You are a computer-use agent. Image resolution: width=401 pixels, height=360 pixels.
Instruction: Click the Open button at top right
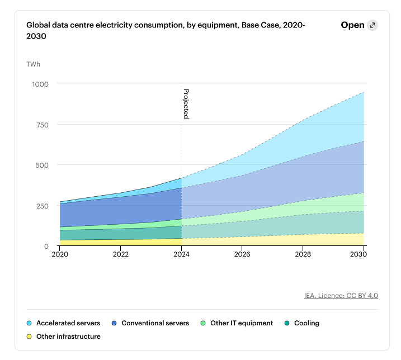pos(353,25)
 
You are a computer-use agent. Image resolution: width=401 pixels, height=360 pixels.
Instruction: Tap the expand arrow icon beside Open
pos(372,25)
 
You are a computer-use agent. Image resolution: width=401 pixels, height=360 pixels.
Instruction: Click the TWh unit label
pos(33,64)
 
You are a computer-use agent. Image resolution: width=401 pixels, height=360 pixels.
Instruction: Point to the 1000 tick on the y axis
pos(40,84)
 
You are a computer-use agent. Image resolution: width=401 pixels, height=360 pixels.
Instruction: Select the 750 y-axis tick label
pos(42,125)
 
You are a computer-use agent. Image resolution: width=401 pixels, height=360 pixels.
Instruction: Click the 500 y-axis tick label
pos(42,165)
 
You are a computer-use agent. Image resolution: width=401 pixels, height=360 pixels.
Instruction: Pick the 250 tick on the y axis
pos(42,206)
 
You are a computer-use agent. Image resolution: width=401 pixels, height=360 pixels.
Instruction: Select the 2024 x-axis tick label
pos(181,254)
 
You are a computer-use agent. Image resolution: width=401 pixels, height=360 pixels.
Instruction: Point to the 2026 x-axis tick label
pos(242,254)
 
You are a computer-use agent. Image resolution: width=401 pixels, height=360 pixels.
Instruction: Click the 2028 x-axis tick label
pos(303,254)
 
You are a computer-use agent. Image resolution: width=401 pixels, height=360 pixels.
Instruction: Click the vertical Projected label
pos(186,104)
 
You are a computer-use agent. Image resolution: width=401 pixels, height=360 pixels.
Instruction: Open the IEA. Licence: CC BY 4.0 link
pos(341,295)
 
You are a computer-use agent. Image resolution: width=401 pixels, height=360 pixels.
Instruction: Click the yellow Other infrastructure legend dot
pos(30,337)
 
